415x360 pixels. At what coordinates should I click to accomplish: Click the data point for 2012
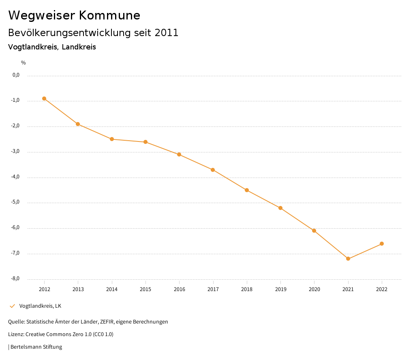pyautogui.click(x=44, y=99)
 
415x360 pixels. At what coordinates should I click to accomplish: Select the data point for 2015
pyautogui.click(x=145, y=142)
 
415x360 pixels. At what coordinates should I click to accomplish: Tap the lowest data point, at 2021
pyautogui.click(x=348, y=259)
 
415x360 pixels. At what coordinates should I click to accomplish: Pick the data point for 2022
pyautogui.click(x=382, y=244)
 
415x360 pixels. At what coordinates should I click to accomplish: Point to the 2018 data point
pyautogui.click(x=247, y=190)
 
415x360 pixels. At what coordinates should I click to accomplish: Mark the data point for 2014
pyautogui.click(x=112, y=139)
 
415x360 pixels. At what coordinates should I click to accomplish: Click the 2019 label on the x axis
pyautogui.click(x=280, y=289)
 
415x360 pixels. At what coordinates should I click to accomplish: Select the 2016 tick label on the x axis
pyautogui.click(x=179, y=289)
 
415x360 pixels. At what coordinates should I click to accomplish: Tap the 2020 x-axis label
pyautogui.click(x=314, y=289)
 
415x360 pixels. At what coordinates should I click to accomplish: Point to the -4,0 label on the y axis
pyautogui.click(x=15, y=177)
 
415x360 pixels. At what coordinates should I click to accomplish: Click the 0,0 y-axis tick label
pyautogui.click(x=16, y=75)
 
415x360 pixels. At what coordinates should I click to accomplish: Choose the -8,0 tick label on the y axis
pyautogui.click(x=15, y=279)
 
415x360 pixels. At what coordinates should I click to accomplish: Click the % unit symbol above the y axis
pyautogui.click(x=24, y=63)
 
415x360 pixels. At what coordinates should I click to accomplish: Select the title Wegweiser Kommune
pyautogui.click(x=74, y=15)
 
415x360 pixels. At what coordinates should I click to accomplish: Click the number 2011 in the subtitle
pyautogui.click(x=167, y=33)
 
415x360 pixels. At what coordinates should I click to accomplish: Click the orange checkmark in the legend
pyautogui.click(x=12, y=306)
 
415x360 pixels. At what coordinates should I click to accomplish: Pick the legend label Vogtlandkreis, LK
pyautogui.click(x=40, y=306)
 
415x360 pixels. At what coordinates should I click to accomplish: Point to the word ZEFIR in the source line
pyautogui.click(x=107, y=322)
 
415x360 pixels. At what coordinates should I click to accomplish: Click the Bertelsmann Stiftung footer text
pyautogui.click(x=36, y=347)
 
